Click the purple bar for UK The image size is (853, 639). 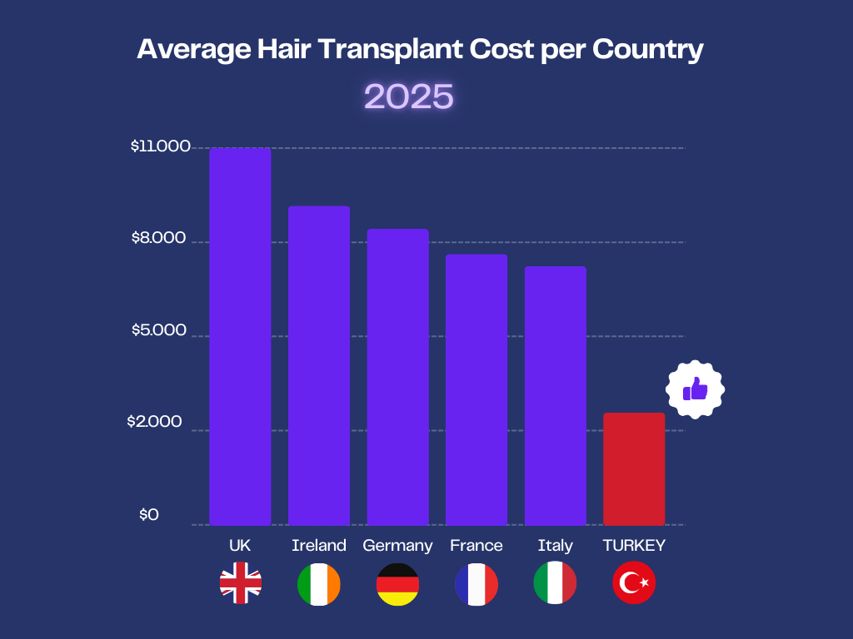pyautogui.click(x=240, y=336)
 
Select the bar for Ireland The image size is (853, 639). pyautogui.click(x=319, y=365)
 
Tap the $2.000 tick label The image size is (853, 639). pyautogui.click(x=154, y=422)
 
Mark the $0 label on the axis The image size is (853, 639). pyautogui.click(x=148, y=515)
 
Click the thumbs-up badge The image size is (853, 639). pyautogui.click(x=695, y=389)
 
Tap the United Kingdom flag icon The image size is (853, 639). pyautogui.click(x=240, y=583)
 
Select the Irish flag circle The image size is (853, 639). pyautogui.click(x=319, y=583)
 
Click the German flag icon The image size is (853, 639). pyautogui.click(x=397, y=583)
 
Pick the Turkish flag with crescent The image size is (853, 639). pyautogui.click(x=634, y=583)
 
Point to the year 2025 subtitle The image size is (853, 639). pyautogui.click(x=409, y=97)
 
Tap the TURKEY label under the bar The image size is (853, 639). pyautogui.click(x=634, y=546)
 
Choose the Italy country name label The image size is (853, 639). pyautogui.click(x=556, y=546)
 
